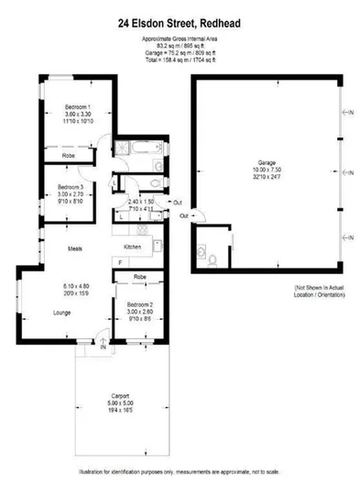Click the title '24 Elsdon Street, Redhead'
[x=180, y=14]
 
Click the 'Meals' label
[x=76, y=248]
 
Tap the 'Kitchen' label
[x=133, y=248]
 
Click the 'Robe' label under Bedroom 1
[x=69, y=157]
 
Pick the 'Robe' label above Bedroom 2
[x=139, y=276]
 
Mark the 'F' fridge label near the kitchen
[x=119, y=263]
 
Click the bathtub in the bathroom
[x=143, y=149]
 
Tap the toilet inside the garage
[x=213, y=260]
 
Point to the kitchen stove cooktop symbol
[x=157, y=245]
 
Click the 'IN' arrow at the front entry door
[x=104, y=347]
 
